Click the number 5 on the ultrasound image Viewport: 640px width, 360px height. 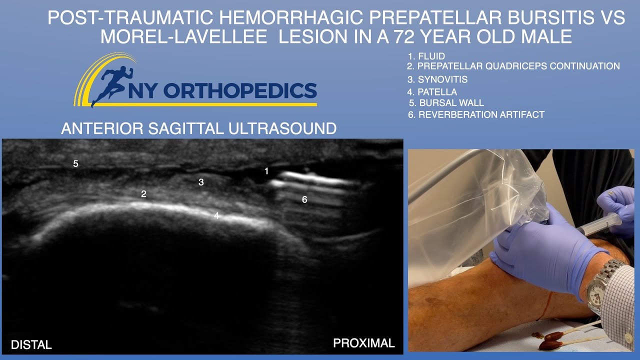pos(76,163)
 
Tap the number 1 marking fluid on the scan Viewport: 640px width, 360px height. pos(266,171)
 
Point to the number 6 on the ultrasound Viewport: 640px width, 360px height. pos(304,199)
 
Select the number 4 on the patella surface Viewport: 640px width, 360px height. pos(216,215)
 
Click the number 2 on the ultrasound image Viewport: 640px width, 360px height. pos(143,194)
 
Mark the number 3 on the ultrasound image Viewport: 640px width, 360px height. pos(201,182)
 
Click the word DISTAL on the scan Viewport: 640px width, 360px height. pos(31,344)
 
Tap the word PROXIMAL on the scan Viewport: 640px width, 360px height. pos(364,343)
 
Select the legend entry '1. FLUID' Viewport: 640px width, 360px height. pos(426,56)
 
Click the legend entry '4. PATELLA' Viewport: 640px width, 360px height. pos(432,92)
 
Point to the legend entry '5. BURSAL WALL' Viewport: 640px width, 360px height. pos(446,103)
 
